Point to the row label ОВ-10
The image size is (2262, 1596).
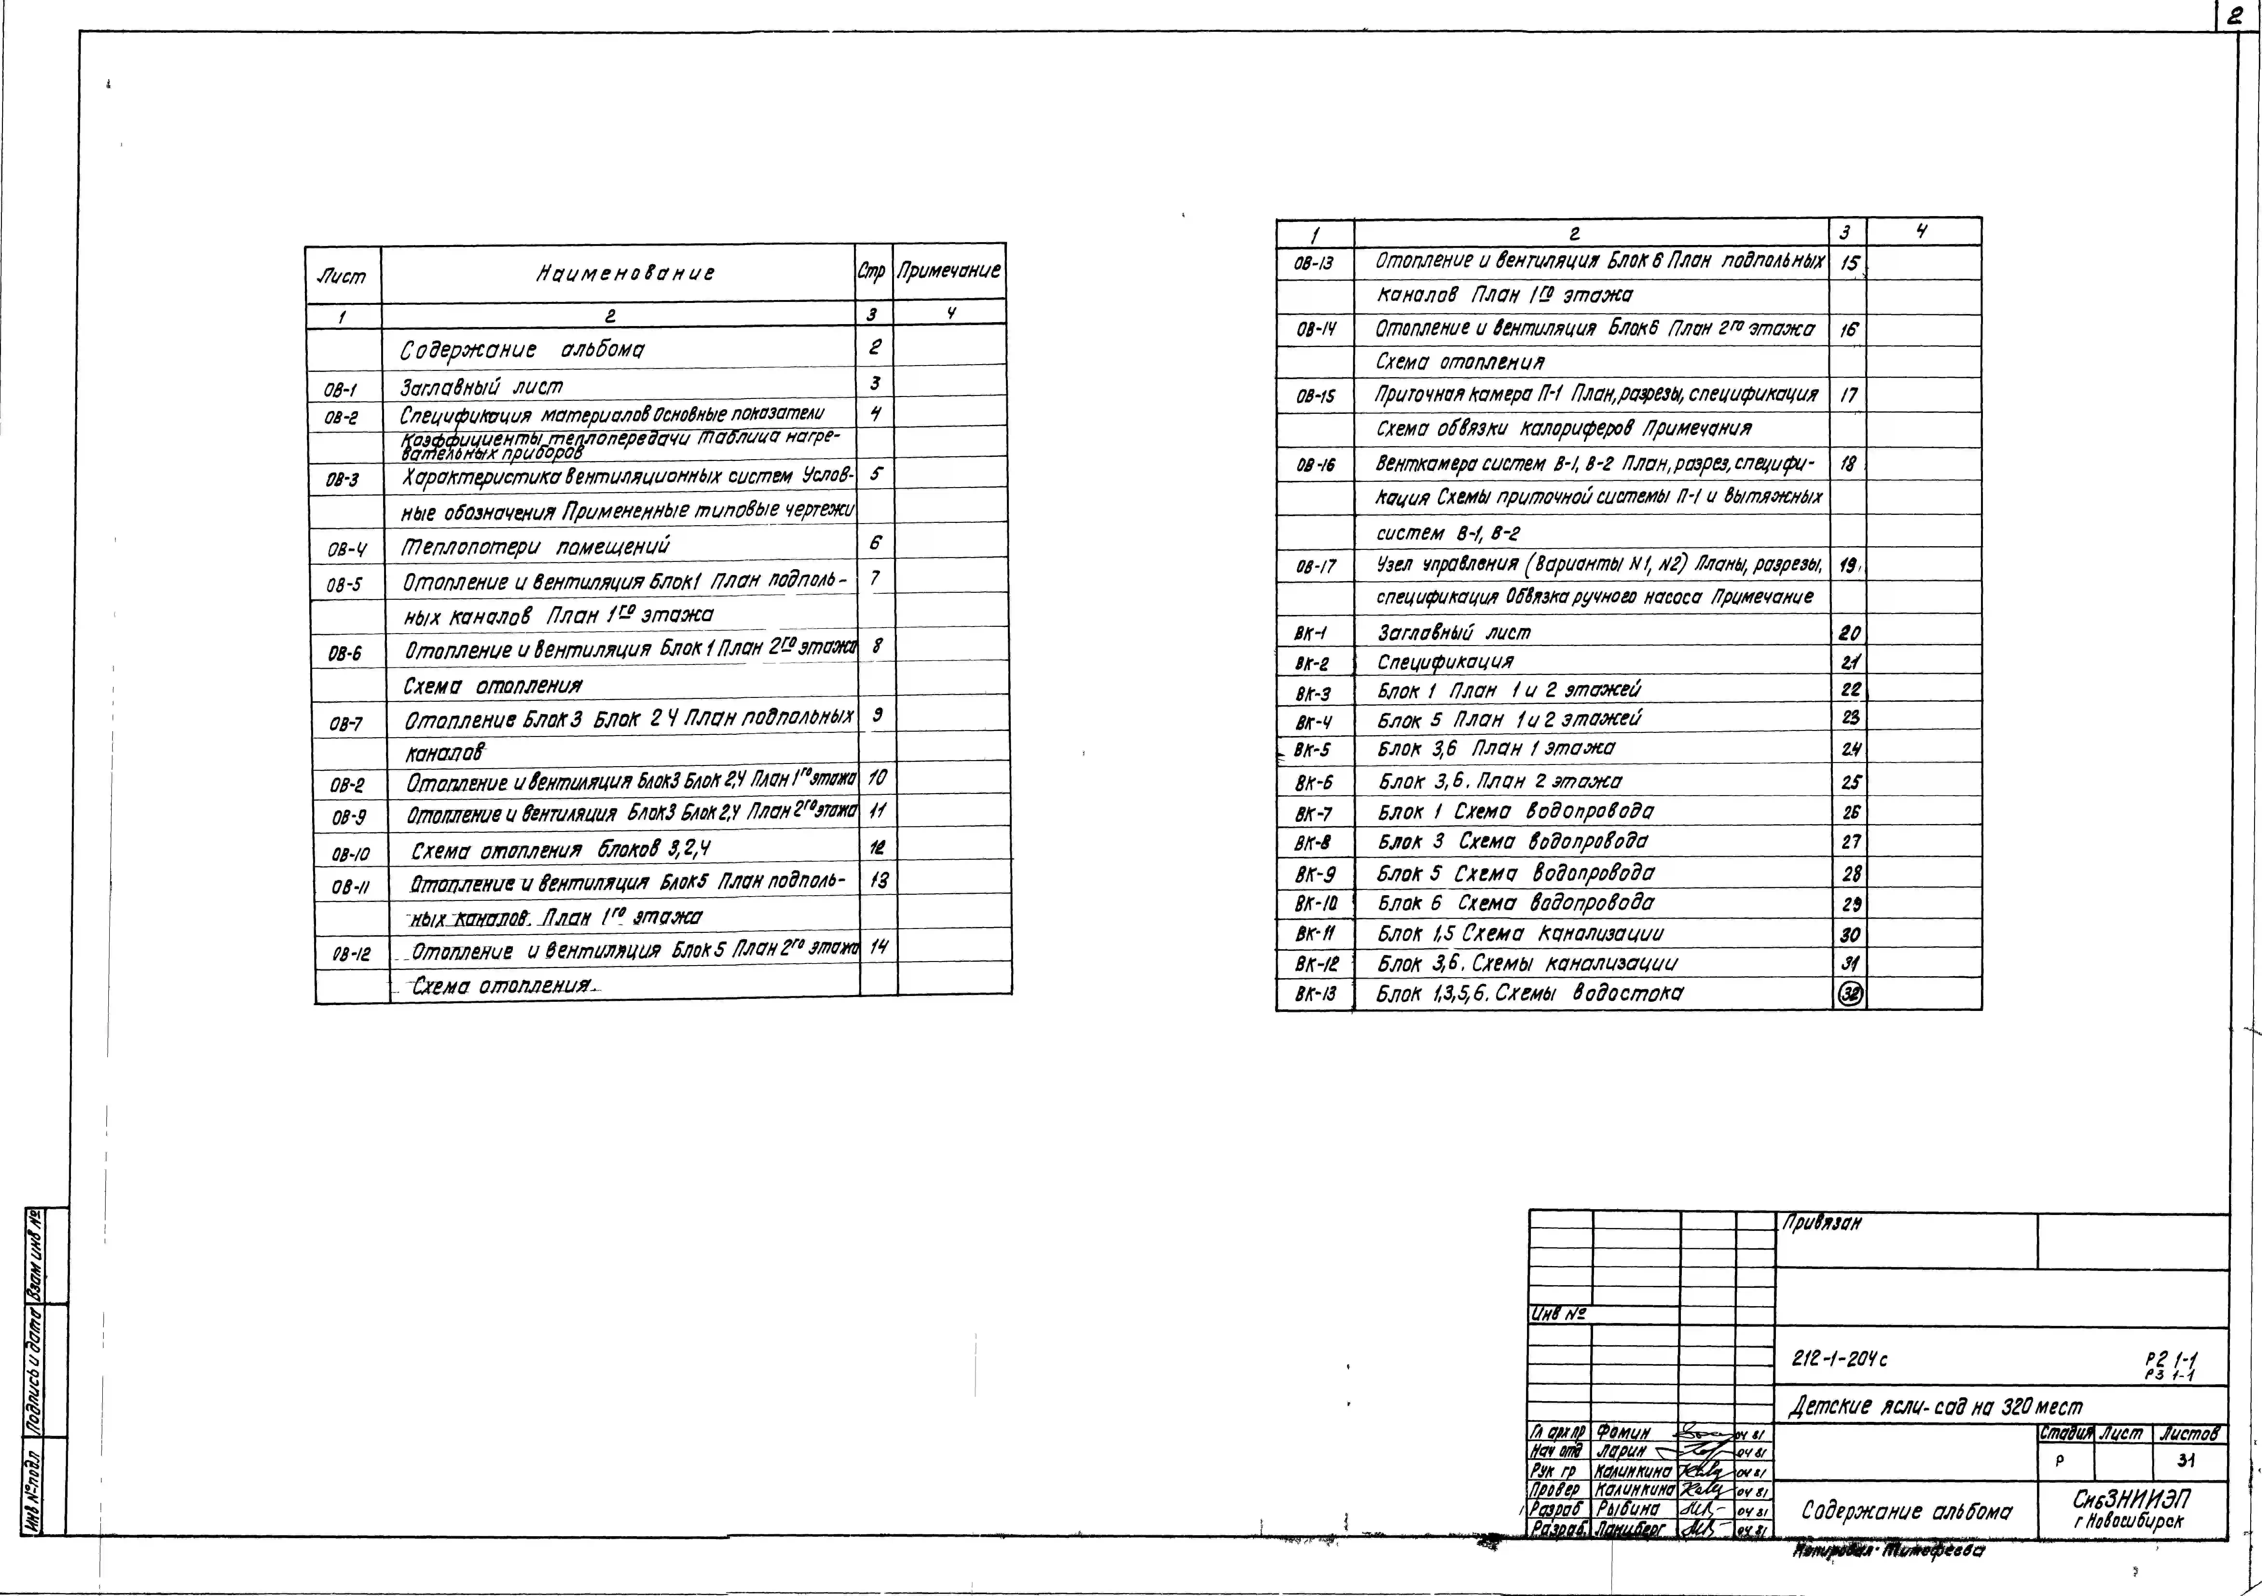pyautogui.click(x=351, y=854)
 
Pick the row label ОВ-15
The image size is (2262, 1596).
pyautogui.click(x=1315, y=397)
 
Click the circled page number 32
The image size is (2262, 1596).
pyautogui.click(x=1850, y=995)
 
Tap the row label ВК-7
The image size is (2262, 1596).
pyautogui.click(x=1313, y=814)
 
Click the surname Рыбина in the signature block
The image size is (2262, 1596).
pyautogui.click(x=1628, y=1509)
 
